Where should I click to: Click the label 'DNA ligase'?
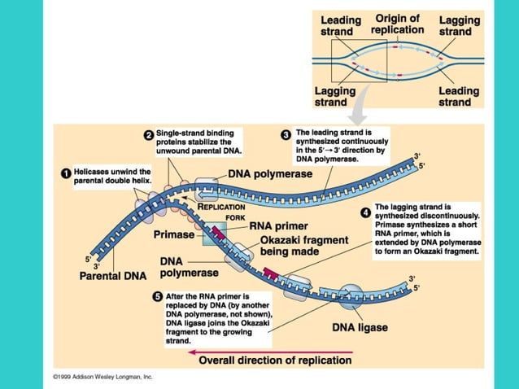(360, 328)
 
